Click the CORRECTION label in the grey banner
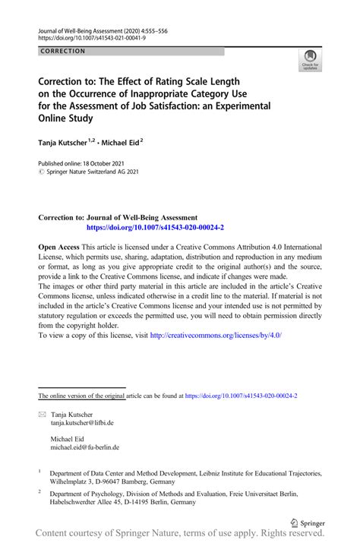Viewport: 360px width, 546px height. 64,51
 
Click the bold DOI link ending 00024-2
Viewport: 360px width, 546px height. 155,227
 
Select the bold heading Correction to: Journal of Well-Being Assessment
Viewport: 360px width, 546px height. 118,217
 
